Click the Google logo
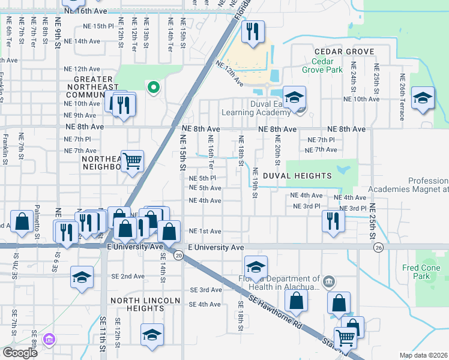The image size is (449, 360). coord(19,353)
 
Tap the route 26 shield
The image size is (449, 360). coord(378,247)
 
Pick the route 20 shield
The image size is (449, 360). coord(179,256)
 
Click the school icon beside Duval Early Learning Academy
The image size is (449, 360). coord(294,98)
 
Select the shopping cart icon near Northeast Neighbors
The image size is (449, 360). coord(132,161)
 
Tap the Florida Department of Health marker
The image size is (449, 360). coord(329,281)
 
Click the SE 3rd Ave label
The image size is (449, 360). coord(205,290)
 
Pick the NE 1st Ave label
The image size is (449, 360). coord(205,231)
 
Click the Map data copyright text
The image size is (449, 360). coord(423,355)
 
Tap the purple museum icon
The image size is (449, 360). coord(49,340)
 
